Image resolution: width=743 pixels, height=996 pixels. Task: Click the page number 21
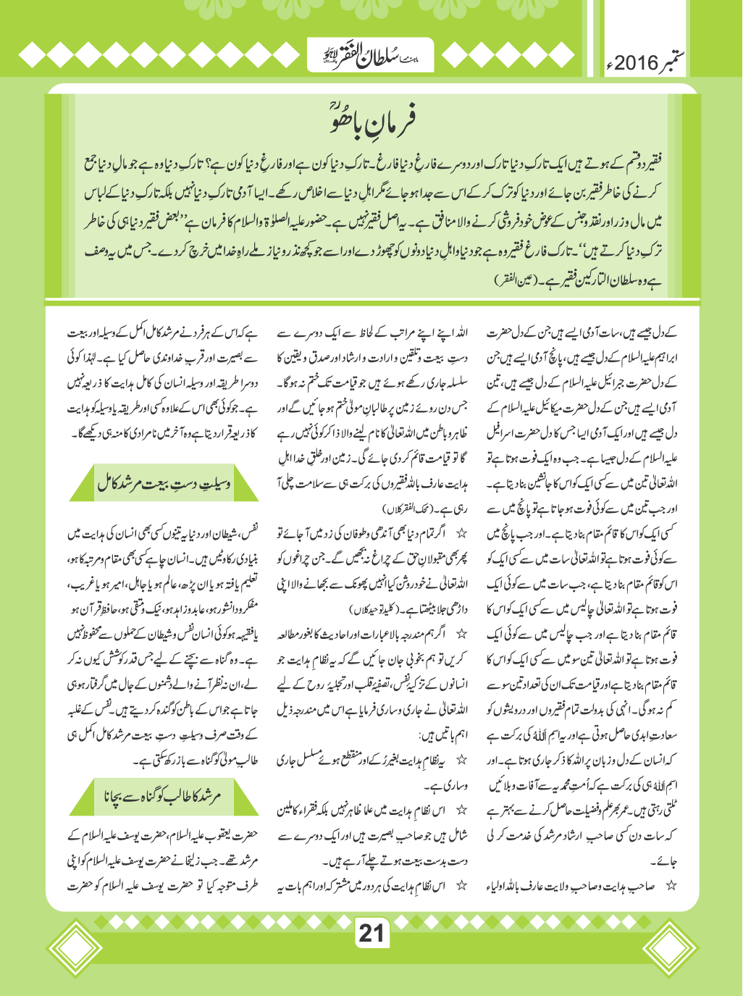point(371,933)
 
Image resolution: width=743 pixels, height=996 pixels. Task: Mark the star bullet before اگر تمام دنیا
point(461,534)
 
